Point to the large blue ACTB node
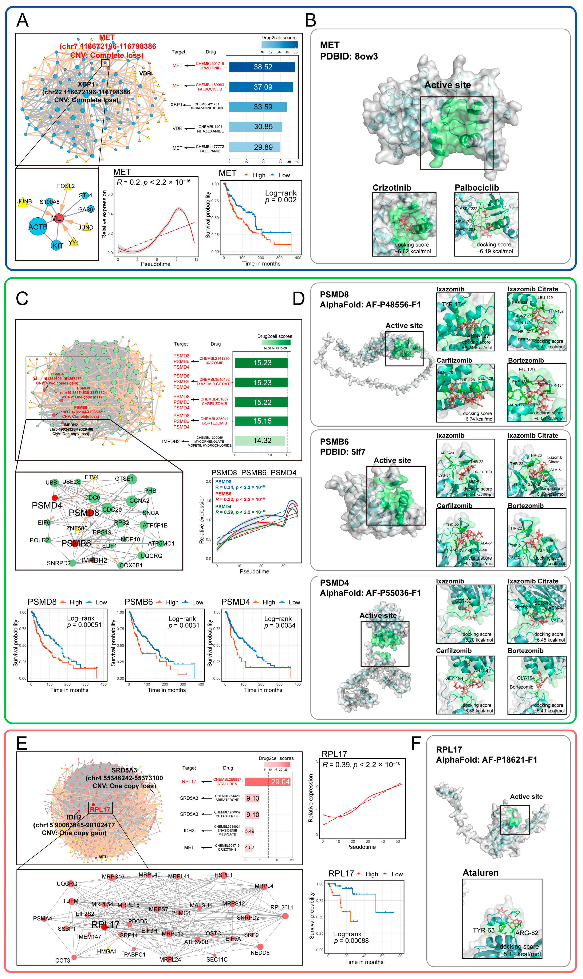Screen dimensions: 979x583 pyautogui.click(x=38, y=227)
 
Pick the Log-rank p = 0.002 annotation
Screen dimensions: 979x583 pyautogui.click(x=280, y=197)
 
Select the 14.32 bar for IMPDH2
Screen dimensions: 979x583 pyautogui.click(x=260, y=441)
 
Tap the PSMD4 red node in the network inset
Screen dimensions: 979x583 pyautogui.click(x=55, y=498)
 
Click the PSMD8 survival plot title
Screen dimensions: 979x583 pyautogui.click(x=42, y=602)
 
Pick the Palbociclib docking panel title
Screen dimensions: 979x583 pyautogui.click(x=476, y=188)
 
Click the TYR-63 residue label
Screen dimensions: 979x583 pyautogui.click(x=483, y=930)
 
